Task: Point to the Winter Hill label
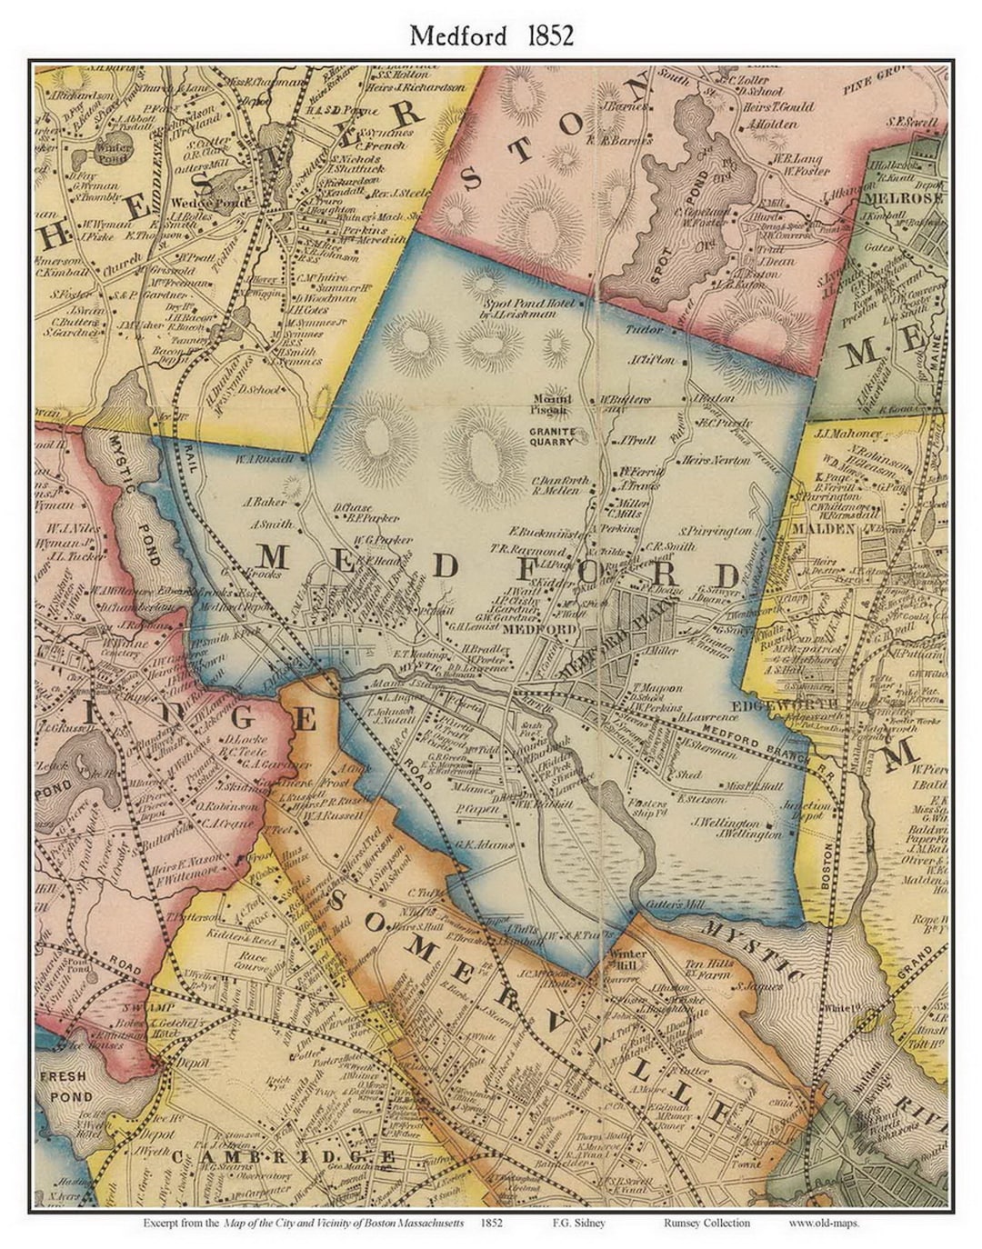click(x=628, y=960)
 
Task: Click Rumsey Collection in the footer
click(x=706, y=1223)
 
